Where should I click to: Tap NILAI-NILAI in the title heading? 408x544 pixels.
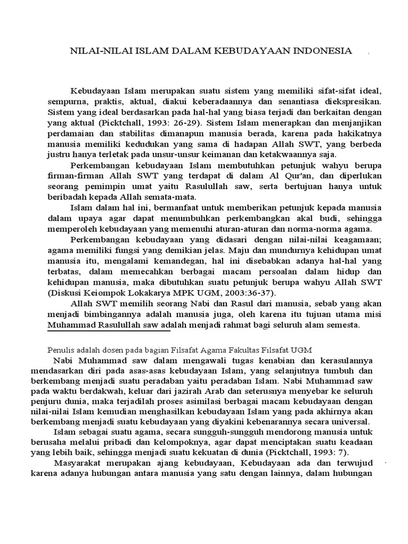(x=96, y=50)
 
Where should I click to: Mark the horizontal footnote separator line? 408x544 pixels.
(x=109, y=331)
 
